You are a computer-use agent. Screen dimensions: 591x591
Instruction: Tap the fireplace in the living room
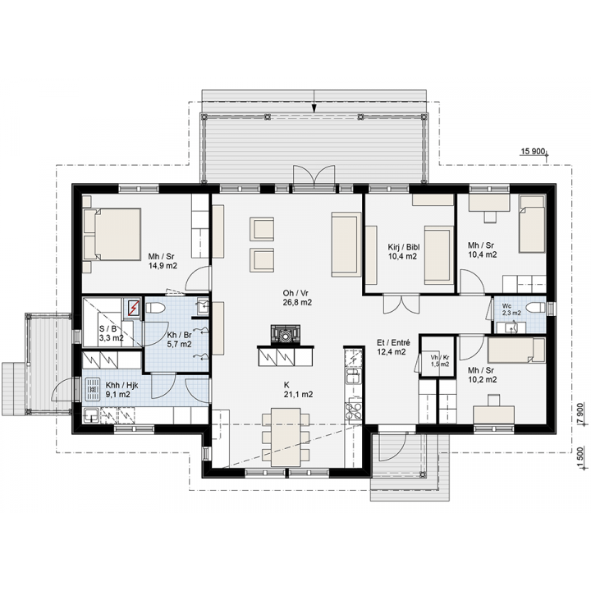(x=286, y=335)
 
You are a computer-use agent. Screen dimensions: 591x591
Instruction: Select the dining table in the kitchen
(x=286, y=437)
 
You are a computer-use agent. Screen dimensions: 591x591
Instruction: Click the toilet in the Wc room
(x=535, y=308)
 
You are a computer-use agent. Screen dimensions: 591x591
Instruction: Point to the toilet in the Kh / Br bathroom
(x=155, y=309)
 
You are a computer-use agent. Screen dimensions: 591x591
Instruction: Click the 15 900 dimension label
(x=533, y=152)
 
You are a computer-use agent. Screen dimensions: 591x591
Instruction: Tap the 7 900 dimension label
(x=580, y=414)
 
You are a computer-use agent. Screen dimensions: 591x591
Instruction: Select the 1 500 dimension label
(x=580, y=457)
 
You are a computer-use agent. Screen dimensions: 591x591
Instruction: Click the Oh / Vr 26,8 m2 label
(x=297, y=297)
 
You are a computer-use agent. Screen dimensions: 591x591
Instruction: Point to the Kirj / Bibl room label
(x=404, y=247)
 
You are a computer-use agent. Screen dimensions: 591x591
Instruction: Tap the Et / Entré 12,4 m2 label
(x=393, y=347)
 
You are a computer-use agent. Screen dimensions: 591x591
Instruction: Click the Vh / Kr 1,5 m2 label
(x=440, y=360)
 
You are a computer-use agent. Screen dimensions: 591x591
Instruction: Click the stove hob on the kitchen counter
(x=354, y=410)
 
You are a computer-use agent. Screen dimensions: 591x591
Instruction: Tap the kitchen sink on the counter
(x=353, y=375)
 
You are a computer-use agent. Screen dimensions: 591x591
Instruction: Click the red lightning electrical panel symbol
(x=133, y=309)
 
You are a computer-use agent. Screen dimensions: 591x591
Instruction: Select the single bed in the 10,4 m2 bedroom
(x=532, y=224)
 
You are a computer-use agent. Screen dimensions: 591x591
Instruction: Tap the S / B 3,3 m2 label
(x=111, y=333)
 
